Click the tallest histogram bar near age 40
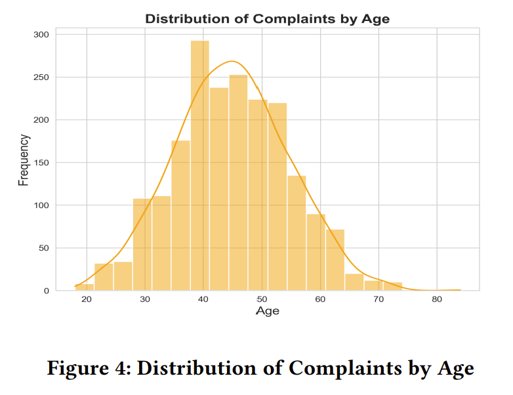(x=200, y=164)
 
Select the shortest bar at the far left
(x=85, y=287)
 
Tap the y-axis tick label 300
(x=41, y=35)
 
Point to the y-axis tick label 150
(x=41, y=163)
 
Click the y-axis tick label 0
(x=46, y=291)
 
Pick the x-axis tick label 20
(x=87, y=300)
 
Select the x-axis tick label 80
(x=437, y=300)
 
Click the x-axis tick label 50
(x=262, y=300)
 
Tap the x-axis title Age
(x=267, y=311)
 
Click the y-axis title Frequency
(x=24, y=160)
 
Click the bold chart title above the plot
(x=267, y=18)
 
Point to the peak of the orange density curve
(x=232, y=62)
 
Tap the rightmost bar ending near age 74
(x=393, y=286)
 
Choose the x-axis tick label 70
(x=379, y=300)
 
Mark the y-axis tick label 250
(x=41, y=77)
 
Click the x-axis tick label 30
(x=146, y=300)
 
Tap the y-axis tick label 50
(x=43, y=248)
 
